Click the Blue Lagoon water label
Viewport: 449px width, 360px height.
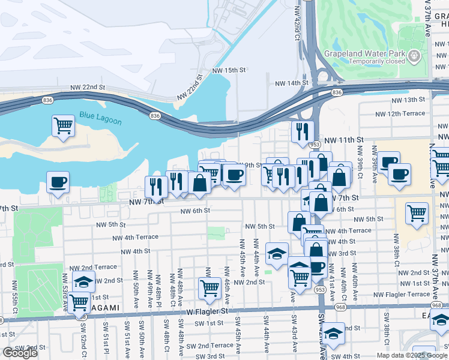pyautogui.click(x=100, y=118)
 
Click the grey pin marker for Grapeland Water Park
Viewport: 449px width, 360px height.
pyautogui.click(x=414, y=57)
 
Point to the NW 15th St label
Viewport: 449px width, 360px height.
pyautogui.click(x=229, y=70)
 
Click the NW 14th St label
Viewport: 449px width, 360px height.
pyautogui.click(x=292, y=83)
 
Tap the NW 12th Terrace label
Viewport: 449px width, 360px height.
pyautogui.click(x=400, y=113)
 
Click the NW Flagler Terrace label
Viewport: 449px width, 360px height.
pyautogui.click(x=402, y=294)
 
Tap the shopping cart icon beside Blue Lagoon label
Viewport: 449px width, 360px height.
pyautogui.click(x=63, y=126)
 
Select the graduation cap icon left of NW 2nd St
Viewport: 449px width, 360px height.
pyautogui.click(x=84, y=281)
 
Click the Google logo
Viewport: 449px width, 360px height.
pyautogui.click(x=20, y=353)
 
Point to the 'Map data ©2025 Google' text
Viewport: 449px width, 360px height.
pyautogui.click(x=412, y=355)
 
